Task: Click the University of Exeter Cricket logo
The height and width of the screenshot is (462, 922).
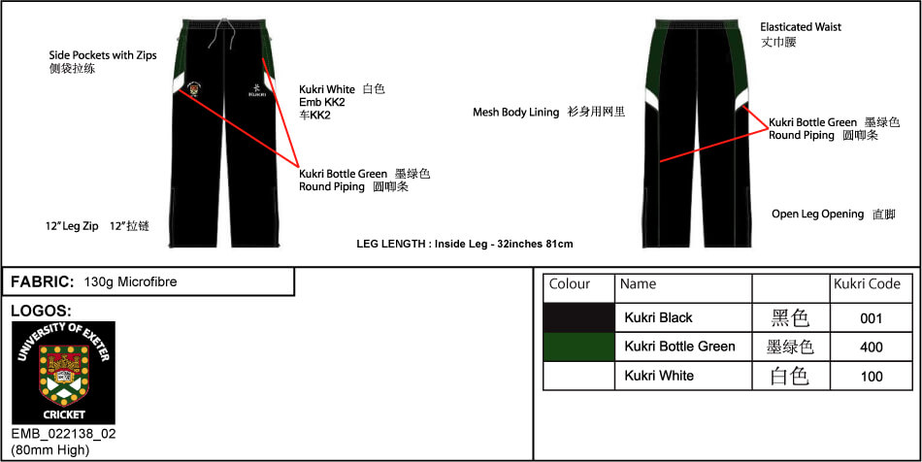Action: tap(63, 373)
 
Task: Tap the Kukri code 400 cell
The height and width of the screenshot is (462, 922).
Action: tap(872, 346)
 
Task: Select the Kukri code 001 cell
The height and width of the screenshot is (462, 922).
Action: tap(872, 318)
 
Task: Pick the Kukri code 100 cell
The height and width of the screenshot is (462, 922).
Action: tap(872, 376)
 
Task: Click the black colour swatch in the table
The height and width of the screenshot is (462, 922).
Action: tap(578, 318)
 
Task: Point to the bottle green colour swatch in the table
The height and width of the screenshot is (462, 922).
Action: tap(578, 346)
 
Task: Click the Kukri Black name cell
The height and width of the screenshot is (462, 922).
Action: tap(683, 318)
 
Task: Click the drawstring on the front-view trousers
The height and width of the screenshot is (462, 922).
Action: tap(227, 35)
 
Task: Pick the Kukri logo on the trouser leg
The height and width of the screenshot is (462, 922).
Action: tap(257, 89)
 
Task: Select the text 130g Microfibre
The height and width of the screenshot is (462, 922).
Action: tap(131, 282)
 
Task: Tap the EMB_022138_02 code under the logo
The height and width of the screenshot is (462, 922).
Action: tap(64, 435)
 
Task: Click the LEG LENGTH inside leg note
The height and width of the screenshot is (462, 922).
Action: tap(465, 244)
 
